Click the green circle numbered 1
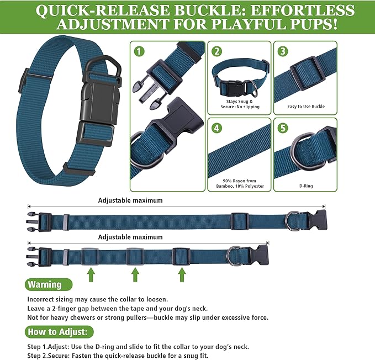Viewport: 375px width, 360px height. coord(140,51)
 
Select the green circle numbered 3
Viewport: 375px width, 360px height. coord(283,51)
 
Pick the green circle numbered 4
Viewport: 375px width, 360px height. coord(217,128)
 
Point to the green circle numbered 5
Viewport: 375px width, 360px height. coord(283,128)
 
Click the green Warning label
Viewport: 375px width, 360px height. coord(48,284)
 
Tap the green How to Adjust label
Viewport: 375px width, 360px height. coord(59,332)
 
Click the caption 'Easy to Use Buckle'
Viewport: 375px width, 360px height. coord(305,107)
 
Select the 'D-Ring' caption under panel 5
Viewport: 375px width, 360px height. coord(305,186)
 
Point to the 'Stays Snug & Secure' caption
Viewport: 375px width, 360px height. coord(239,104)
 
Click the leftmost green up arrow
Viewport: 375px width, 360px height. coord(91,274)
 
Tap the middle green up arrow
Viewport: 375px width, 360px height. coord(135,274)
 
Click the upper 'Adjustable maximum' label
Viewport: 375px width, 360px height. coord(130,200)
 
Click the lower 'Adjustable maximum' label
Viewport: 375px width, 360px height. coord(130,237)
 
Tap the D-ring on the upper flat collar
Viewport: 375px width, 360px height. coord(291,220)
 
